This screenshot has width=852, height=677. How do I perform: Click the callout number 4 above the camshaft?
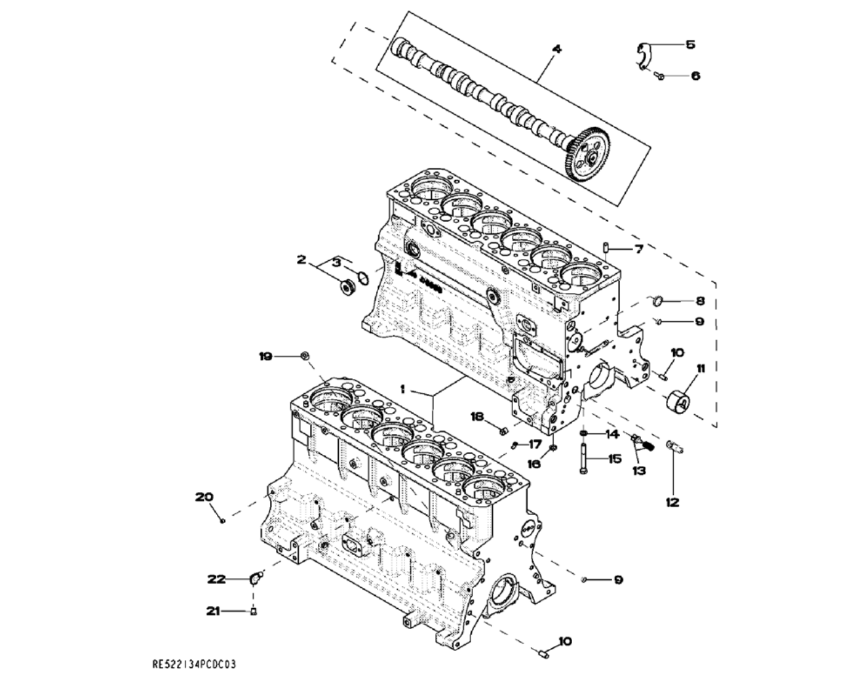(556, 49)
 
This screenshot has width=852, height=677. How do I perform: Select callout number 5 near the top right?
(690, 45)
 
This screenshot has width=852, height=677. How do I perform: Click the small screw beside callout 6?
(661, 76)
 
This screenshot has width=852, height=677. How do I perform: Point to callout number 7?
(638, 249)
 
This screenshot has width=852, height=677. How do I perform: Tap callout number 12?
(672, 503)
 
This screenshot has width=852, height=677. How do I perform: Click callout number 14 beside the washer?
(611, 434)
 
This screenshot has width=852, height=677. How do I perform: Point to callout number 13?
(638, 470)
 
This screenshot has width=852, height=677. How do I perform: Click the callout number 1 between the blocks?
(404, 389)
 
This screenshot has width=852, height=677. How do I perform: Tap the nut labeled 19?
(305, 356)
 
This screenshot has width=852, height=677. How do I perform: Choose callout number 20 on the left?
(204, 497)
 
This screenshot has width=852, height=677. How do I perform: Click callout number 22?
(216, 579)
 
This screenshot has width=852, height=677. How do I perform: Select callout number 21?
(212, 611)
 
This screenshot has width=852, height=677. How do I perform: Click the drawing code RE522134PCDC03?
(194, 665)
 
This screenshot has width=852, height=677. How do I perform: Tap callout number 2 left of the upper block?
(301, 260)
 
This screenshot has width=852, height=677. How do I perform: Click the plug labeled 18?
(503, 431)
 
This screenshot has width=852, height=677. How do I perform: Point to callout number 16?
(534, 463)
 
